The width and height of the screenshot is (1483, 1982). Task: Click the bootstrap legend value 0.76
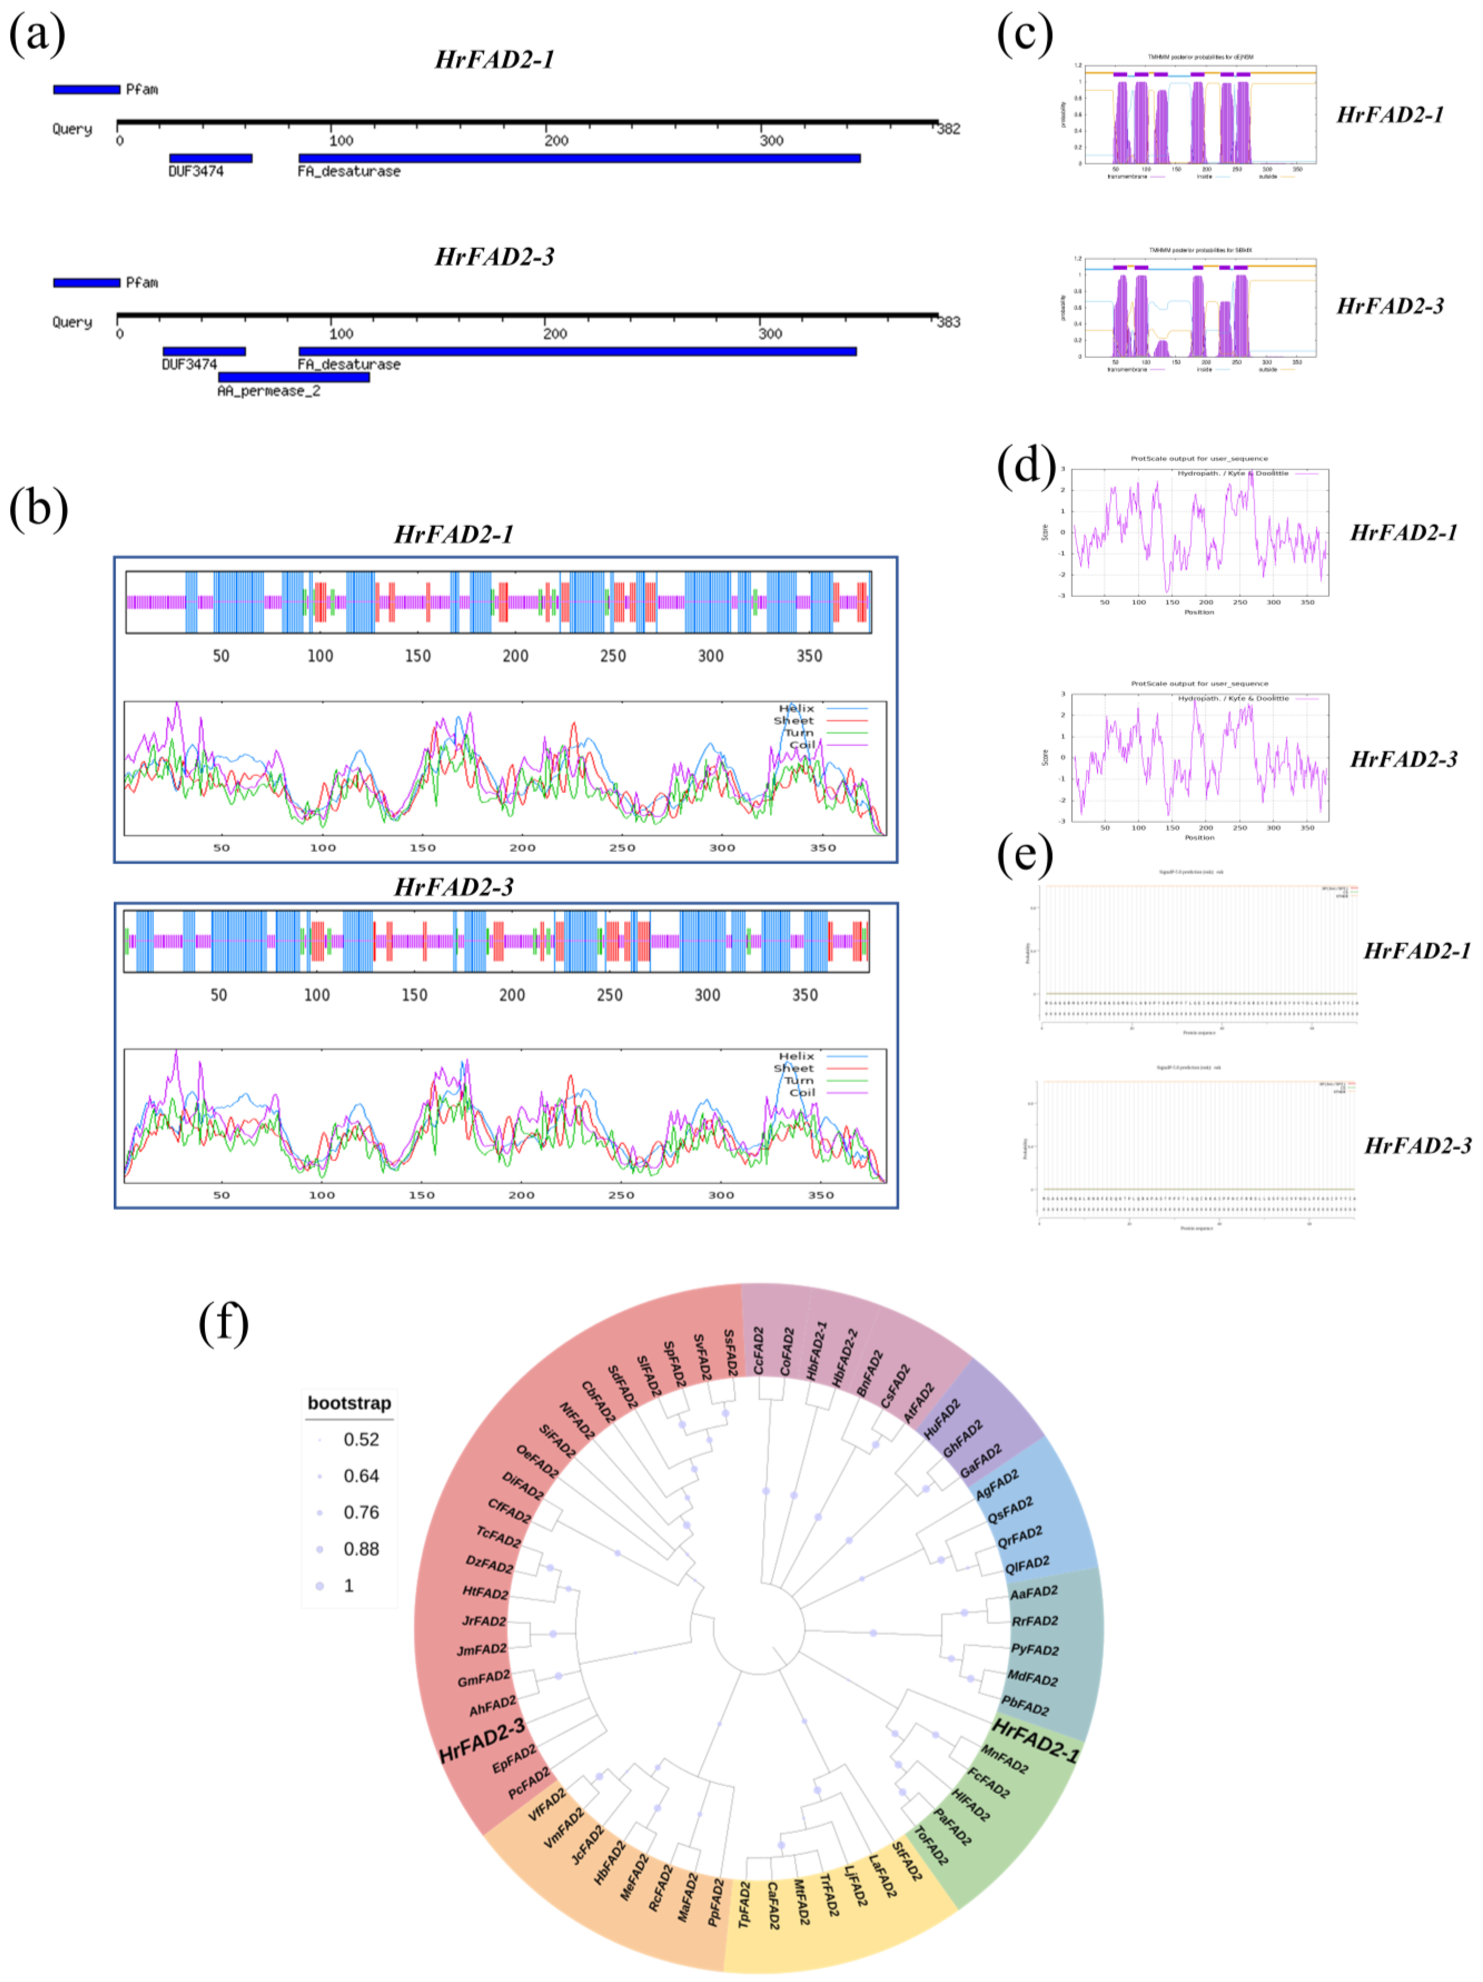pyautogui.click(x=361, y=1513)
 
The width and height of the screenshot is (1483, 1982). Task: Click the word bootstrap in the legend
pyautogui.click(x=349, y=1403)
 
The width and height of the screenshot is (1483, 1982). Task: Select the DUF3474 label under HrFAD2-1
pyautogui.click(x=196, y=171)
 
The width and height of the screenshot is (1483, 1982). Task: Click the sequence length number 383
pyautogui.click(x=948, y=322)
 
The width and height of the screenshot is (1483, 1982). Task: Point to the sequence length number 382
pyautogui.click(x=948, y=129)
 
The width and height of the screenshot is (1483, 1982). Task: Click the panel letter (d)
pyautogui.click(x=1025, y=466)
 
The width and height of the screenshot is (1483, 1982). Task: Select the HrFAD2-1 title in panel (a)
pyautogui.click(x=495, y=60)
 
